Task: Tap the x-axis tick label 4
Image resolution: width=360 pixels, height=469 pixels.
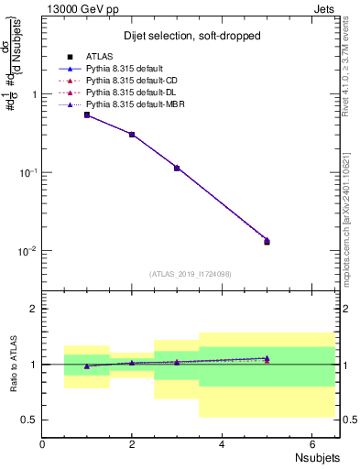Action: point(222,444)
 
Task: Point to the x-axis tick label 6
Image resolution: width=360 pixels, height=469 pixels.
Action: point(311,444)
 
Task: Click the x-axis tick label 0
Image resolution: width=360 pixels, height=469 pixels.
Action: point(43,444)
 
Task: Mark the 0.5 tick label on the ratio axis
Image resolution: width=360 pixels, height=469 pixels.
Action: point(28,420)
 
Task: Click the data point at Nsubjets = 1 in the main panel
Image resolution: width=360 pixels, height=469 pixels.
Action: point(87,115)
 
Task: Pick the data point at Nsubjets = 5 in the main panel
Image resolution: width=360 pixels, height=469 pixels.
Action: point(267,241)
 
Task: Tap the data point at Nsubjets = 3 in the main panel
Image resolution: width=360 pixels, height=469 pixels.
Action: point(177,168)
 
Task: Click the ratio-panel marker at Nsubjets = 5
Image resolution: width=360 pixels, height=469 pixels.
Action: point(267,359)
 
